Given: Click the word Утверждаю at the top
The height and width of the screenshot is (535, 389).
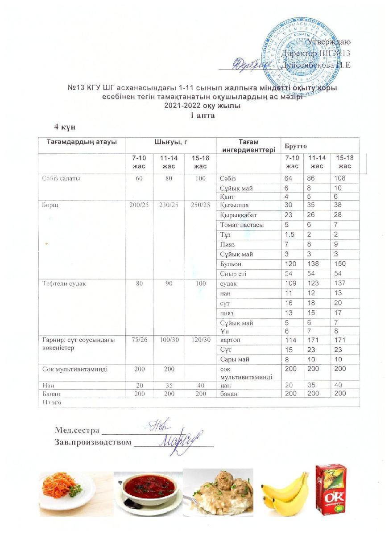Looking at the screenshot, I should pos(328,41).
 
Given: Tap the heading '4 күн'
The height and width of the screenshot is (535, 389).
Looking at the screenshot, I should pos(65,127).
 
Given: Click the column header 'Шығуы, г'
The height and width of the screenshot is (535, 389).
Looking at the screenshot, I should pos(170,142).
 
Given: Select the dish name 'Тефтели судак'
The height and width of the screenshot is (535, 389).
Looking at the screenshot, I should pos(63,284).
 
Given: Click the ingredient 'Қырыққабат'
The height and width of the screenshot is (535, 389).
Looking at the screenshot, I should pos(239,215).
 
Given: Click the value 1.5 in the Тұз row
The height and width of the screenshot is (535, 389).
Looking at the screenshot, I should pos(290,235).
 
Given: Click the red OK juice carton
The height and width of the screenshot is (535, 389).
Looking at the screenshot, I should pos(331,487).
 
